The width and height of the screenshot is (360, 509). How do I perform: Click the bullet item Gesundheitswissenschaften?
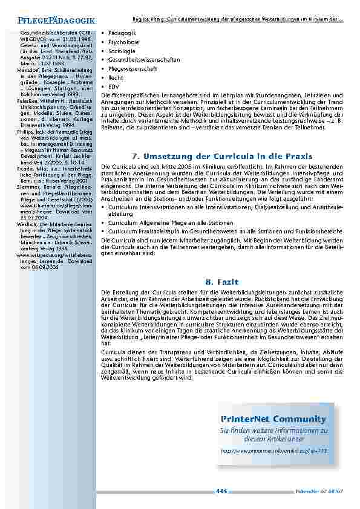(x=139, y=60)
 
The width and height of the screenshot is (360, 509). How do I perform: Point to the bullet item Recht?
(x=116, y=78)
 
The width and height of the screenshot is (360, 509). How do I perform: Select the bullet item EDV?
(x=114, y=86)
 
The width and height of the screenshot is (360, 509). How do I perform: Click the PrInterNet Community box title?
(x=273, y=419)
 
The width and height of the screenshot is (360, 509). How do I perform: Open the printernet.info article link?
(x=273, y=451)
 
